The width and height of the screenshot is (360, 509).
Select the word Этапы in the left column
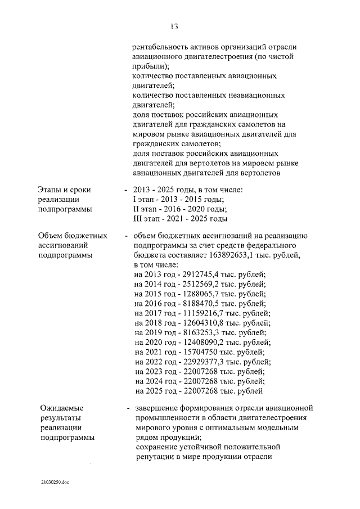pos(51,190)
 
